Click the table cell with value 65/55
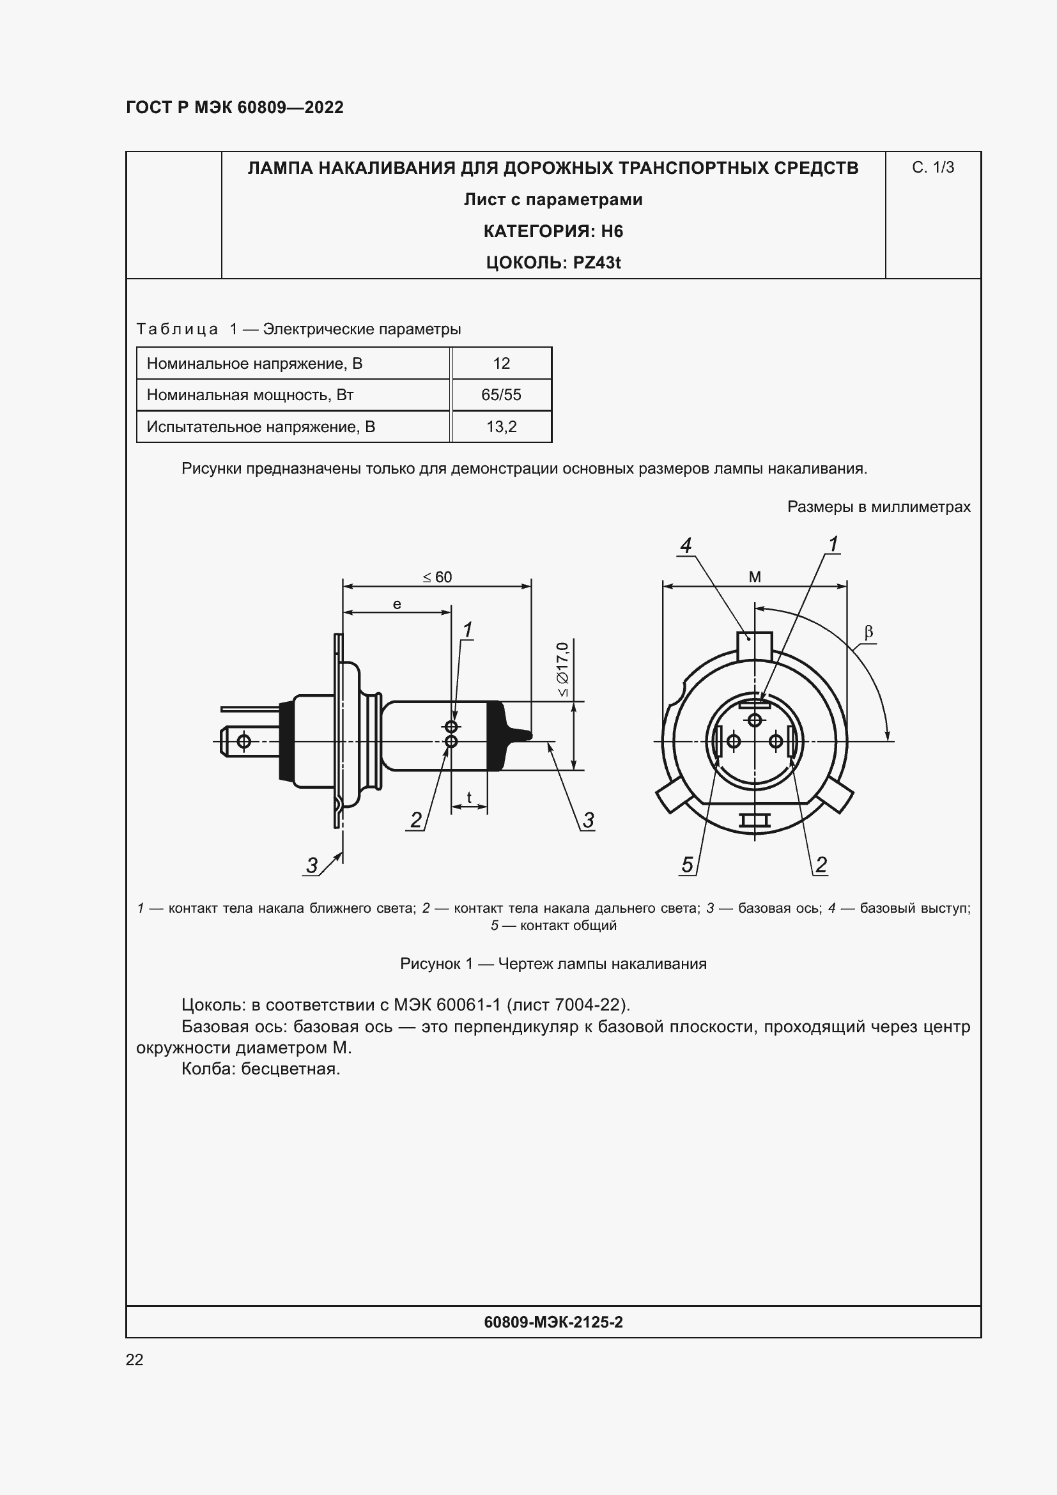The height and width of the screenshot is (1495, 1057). coord(501,394)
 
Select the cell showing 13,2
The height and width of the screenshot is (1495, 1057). coord(501,426)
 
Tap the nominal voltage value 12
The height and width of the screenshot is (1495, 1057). coord(501,363)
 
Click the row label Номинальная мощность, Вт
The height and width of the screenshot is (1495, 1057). coord(250,394)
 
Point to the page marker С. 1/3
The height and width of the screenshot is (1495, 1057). coord(932,167)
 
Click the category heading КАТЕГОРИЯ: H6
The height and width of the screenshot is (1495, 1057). coord(553,231)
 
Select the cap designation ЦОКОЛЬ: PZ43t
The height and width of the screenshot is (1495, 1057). coord(553,263)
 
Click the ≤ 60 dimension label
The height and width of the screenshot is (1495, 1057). coord(437,577)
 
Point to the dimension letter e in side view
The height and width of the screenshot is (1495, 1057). coord(397,604)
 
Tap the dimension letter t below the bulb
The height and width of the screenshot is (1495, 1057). coord(468,797)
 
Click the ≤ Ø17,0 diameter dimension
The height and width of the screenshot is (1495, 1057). coord(563,669)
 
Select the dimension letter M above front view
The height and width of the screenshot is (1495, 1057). coord(755,577)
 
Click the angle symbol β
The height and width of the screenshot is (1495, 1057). coord(868,631)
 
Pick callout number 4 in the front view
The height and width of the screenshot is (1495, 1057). coord(685,545)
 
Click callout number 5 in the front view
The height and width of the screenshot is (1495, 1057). coord(688,865)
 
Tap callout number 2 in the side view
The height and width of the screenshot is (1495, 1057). coord(416,820)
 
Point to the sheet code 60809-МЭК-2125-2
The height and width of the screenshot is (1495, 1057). coord(553,1322)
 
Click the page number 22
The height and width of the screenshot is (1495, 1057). coord(134,1359)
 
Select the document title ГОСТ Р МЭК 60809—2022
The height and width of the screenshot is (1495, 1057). coord(235,107)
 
